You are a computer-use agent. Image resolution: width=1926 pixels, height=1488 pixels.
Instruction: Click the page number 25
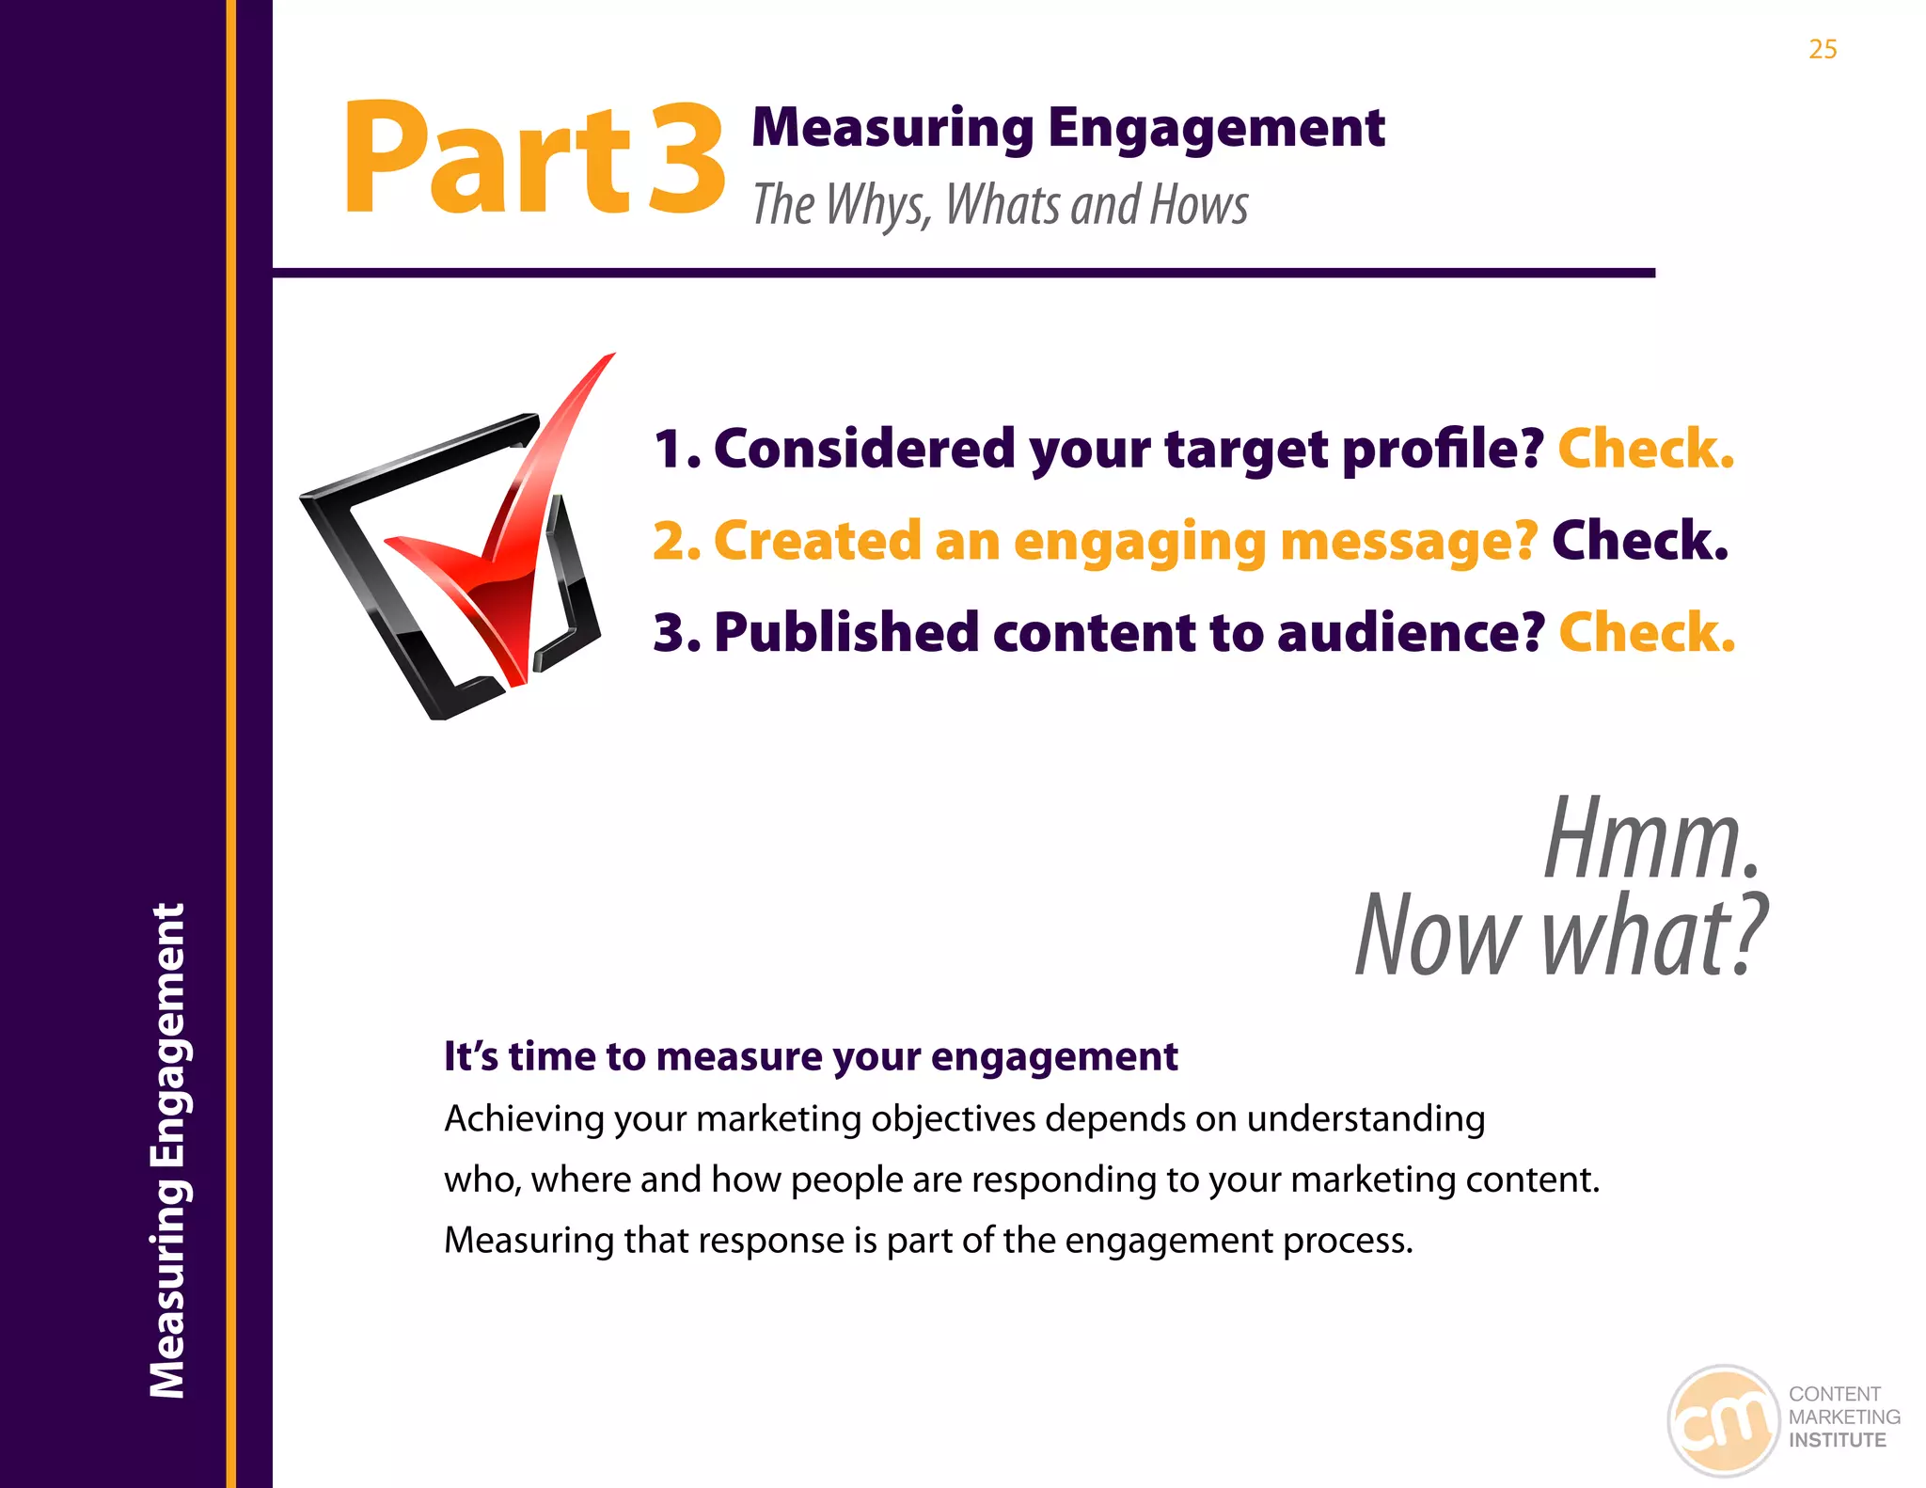click(1823, 49)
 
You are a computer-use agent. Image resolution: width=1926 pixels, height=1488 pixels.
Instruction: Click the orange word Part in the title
click(485, 158)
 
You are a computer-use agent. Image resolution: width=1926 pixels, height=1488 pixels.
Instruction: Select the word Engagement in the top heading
click(1216, 129)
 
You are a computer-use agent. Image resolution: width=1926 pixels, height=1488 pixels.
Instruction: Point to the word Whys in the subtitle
click(878, 205)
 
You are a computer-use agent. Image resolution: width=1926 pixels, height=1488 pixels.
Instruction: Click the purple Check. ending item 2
click(1640, 540)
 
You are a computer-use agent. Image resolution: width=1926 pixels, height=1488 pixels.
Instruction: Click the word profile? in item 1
click(1443, 450)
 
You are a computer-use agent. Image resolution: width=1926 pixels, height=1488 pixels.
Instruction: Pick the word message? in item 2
click(1409, 542)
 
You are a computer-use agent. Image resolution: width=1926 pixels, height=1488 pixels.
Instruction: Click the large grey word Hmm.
click(1651, 838)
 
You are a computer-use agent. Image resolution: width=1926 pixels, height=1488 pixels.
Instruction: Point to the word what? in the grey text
click(1655, 935)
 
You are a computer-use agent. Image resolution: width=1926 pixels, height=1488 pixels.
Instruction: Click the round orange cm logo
click(1723, 1420)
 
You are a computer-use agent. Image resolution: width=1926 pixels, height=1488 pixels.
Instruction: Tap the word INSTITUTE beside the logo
click(1837, 1440)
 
